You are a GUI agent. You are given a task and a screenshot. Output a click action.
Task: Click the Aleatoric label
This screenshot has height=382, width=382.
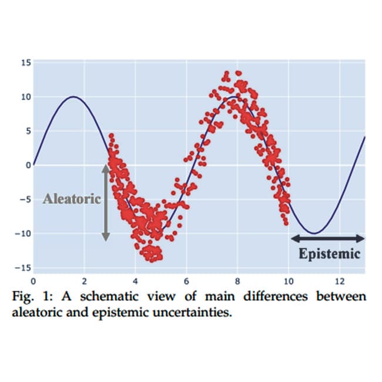(x=72, y=199)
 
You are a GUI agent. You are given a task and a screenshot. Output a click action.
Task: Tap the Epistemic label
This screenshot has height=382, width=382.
(x=329, y=254)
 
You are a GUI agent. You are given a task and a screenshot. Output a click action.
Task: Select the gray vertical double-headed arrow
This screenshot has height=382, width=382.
(x=106, y=202)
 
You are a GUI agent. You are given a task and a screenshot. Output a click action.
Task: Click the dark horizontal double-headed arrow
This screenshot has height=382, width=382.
(x=328, y=238)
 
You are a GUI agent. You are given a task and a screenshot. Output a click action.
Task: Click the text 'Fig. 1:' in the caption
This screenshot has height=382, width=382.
(x=28, y=296)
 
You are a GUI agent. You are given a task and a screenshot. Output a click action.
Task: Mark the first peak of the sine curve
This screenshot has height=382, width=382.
(x=73, y=97)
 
